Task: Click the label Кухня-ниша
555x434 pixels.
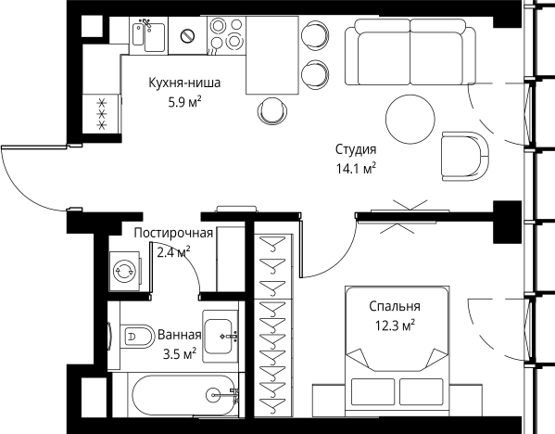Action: (183, 83)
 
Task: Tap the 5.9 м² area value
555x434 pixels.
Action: (183, 101)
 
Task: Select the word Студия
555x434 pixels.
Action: (355, 149)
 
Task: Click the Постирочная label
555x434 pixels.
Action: (173, 233)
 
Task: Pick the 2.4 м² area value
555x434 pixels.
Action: (173, 250)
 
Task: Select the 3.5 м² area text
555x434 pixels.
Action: (179, 353)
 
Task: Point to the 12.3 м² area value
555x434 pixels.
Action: (394, 325)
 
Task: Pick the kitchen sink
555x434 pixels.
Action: (150, 35)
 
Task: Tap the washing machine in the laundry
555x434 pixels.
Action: (124, 270)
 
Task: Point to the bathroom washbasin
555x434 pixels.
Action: (221, 329)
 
